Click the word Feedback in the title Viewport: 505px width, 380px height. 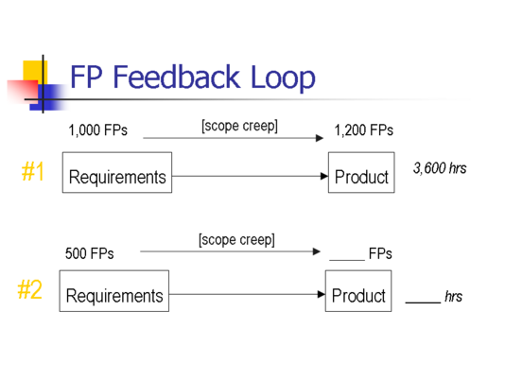pos(177,77)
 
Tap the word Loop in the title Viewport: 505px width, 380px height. pos(283,78)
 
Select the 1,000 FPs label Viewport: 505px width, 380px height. pos(98,130)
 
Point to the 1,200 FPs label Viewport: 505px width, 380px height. pos(363,130)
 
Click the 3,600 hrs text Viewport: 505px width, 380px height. pos(440,168)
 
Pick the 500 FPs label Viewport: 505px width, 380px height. pos(90,253)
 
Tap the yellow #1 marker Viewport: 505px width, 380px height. pos(32,171)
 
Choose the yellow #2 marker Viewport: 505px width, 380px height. pos(29,289)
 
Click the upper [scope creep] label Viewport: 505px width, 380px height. pos(239,126)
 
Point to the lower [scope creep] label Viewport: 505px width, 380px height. pos(236,240)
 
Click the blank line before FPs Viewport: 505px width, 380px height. pos(347,260)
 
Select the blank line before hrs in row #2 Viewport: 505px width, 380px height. pos(423,302)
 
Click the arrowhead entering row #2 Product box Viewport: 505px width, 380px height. pos(322,294)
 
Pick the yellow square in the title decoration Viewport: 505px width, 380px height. pos(35,71)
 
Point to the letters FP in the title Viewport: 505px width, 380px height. pos(86,77)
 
